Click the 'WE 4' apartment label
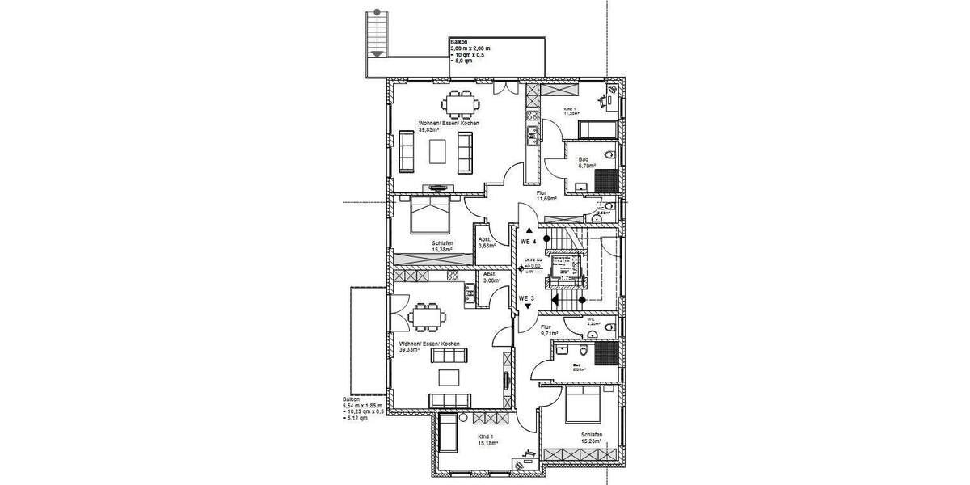pos(528,242)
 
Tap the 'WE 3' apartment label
pos(527,297)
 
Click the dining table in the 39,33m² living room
pos(426,316)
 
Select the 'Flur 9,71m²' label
pos(550,330)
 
